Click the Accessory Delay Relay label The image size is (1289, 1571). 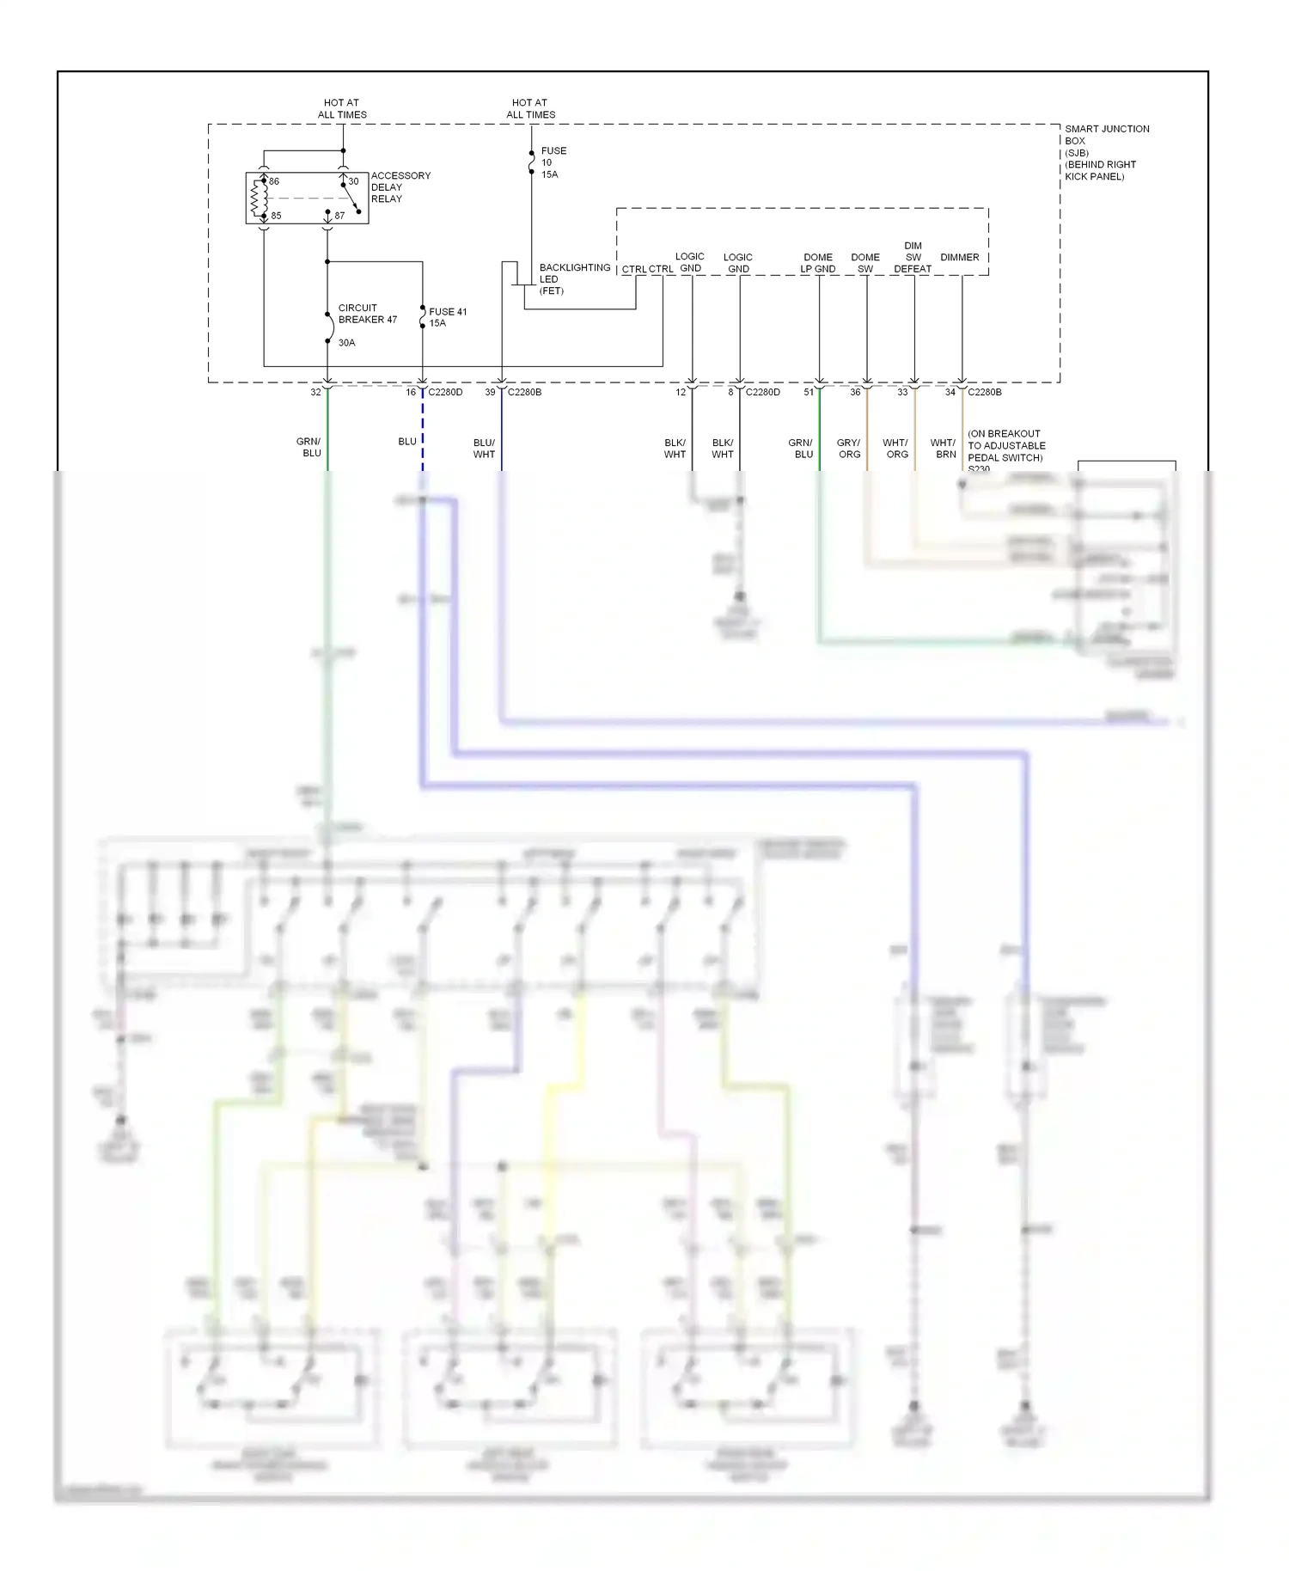click(400, 187)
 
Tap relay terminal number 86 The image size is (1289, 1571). click(274, 181)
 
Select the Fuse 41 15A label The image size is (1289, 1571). click(447, 317)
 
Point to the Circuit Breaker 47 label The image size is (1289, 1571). click(367, 314)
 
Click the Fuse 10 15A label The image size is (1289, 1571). click(553, 162)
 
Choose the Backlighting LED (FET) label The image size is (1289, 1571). click(573, 279)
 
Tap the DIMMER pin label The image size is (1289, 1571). click(959, 257)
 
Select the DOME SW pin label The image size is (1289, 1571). click(864, 263)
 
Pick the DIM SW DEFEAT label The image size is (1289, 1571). click(912, 257)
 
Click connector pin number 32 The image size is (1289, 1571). click(315, 392)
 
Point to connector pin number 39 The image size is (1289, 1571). click(490, 392)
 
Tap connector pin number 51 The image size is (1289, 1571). click(809, 392)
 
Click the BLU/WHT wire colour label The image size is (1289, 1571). click(484, 449)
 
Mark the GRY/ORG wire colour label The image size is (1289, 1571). click(849, 449)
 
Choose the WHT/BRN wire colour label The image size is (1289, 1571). click(944, 449)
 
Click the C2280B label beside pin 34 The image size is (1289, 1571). click(985, 392)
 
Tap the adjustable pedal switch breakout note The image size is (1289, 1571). click(1005, 446)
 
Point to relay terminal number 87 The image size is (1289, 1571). click(339, 216)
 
